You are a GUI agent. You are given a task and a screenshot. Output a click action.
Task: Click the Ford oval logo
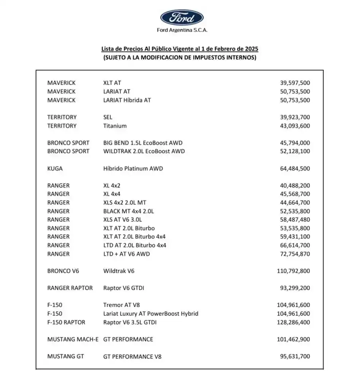[182, 17]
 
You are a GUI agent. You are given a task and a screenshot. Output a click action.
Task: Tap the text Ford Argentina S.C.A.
[182, 30]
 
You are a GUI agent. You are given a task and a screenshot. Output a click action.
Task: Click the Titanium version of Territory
[115, 126]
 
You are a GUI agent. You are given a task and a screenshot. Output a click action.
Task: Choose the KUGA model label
[55, 168]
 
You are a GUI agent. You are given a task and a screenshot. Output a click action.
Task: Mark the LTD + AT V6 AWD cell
[126, 254]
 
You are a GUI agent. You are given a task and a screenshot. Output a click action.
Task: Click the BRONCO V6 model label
[63, 271]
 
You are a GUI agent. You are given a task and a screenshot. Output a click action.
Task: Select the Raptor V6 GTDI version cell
[123, 288]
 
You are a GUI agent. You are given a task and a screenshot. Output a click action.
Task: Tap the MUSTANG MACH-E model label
[73, 339]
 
